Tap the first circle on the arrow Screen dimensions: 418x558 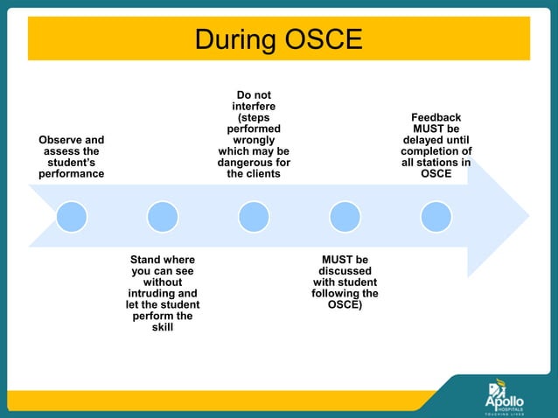[x=72, y=215]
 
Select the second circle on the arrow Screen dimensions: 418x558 [x=163, y=215]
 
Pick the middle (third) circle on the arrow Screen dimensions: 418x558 [x=254, y=215]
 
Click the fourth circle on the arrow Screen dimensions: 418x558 [x=345, y=215]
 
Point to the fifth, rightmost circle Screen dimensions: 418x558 [x=436, y=215]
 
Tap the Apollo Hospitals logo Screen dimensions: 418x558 [x=506, y=394]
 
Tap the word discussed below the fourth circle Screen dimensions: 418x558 [x=345, y=271]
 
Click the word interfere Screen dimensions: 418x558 [x=254, y=106]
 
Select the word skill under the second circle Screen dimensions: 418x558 [x=163, y=328]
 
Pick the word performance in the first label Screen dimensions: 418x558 [x=71, y=174]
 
